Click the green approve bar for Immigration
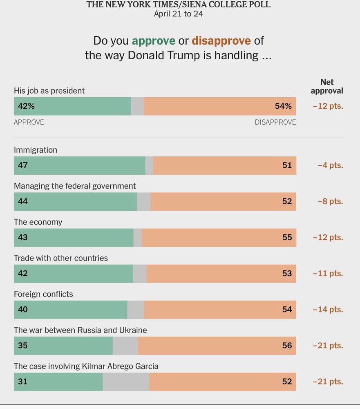coord(80,166)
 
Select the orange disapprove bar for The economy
coord(219,238)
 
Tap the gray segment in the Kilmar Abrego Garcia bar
coord(126,382)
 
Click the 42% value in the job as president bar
coord(26,106)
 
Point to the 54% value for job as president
coord(283,106)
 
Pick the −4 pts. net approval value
coord(330,166)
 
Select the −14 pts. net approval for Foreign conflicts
coord(328,310)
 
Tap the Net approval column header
coord(327,86)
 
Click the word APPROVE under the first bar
coord(29,122)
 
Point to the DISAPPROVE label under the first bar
coord(275,122)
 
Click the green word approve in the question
coord(154,41)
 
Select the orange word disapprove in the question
coord(221,41)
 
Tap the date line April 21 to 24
coord(179,14)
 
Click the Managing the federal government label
coord(75,186)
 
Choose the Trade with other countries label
coord(61,258)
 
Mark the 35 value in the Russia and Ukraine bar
coord(23,346)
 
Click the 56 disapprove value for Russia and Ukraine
coord(287,346)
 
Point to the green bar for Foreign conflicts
coord(70,310)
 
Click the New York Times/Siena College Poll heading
coord(179,4)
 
